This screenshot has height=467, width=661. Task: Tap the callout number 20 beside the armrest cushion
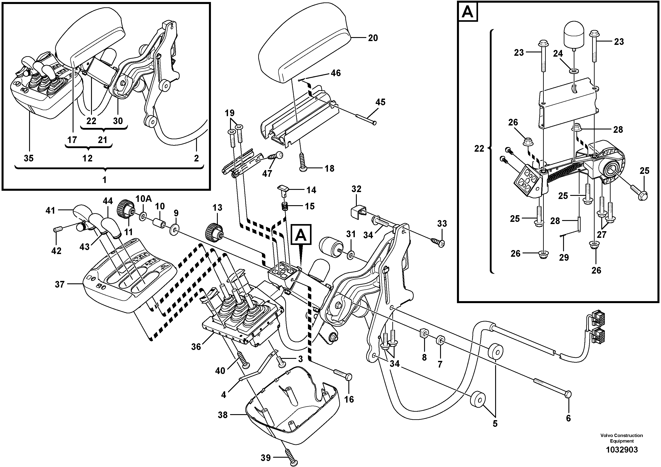tap(373, 38)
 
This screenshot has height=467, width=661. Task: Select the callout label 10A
tap(143, 199)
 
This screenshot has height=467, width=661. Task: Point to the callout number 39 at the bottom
tap(265, 457)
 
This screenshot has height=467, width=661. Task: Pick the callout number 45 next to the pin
tap(380, 102)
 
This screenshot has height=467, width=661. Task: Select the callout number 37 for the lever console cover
tap(60, 284)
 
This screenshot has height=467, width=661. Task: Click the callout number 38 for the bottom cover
tap(222, 415)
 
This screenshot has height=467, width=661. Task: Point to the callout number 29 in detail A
tap(564, 257)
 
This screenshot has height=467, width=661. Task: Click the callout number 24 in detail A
tap(558, 54)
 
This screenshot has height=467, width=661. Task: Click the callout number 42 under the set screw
tap(56, 251)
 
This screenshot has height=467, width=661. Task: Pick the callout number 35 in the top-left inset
tap(28, 158)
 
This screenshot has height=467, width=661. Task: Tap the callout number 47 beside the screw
tap(267, 173)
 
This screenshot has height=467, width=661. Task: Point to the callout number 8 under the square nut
tap(424, 357)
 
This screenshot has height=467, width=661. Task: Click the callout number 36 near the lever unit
tap(196, 347)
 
